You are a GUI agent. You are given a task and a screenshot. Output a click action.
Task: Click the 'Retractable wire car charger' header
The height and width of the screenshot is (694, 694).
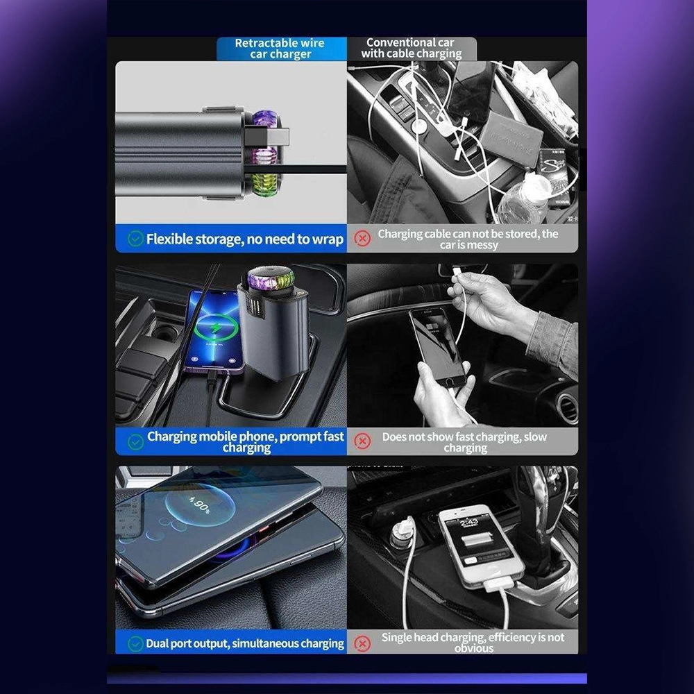coord(280,49)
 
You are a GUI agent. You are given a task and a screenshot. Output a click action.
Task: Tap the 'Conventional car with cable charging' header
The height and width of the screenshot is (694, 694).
coord(411,49)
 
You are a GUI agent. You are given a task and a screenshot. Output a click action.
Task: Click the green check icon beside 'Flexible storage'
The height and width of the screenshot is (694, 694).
coord(135,239)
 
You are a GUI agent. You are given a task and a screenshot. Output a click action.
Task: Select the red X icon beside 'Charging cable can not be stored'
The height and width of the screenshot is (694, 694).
coord(362,238)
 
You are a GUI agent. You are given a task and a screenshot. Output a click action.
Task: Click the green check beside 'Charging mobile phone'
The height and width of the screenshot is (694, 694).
coord(135,441)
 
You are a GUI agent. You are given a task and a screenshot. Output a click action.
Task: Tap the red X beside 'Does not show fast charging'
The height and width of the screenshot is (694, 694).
coord(362,441)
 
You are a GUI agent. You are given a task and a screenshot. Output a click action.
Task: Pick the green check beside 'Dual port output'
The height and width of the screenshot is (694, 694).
coord(135,643)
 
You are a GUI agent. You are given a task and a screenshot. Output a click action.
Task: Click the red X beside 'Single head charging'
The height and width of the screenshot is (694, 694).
coord(362,643)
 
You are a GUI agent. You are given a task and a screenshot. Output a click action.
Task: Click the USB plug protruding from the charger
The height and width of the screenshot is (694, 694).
coord(266,136)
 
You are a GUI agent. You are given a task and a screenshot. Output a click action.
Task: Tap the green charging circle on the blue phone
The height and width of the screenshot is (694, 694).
coord(216,328)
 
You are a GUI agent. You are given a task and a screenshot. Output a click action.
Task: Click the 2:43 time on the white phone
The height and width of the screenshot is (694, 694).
coord(469,523)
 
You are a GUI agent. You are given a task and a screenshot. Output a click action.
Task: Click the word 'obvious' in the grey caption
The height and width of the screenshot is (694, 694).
coord(473,648)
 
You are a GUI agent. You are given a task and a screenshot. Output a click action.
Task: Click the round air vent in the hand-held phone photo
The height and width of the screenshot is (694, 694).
coord(567,407)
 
